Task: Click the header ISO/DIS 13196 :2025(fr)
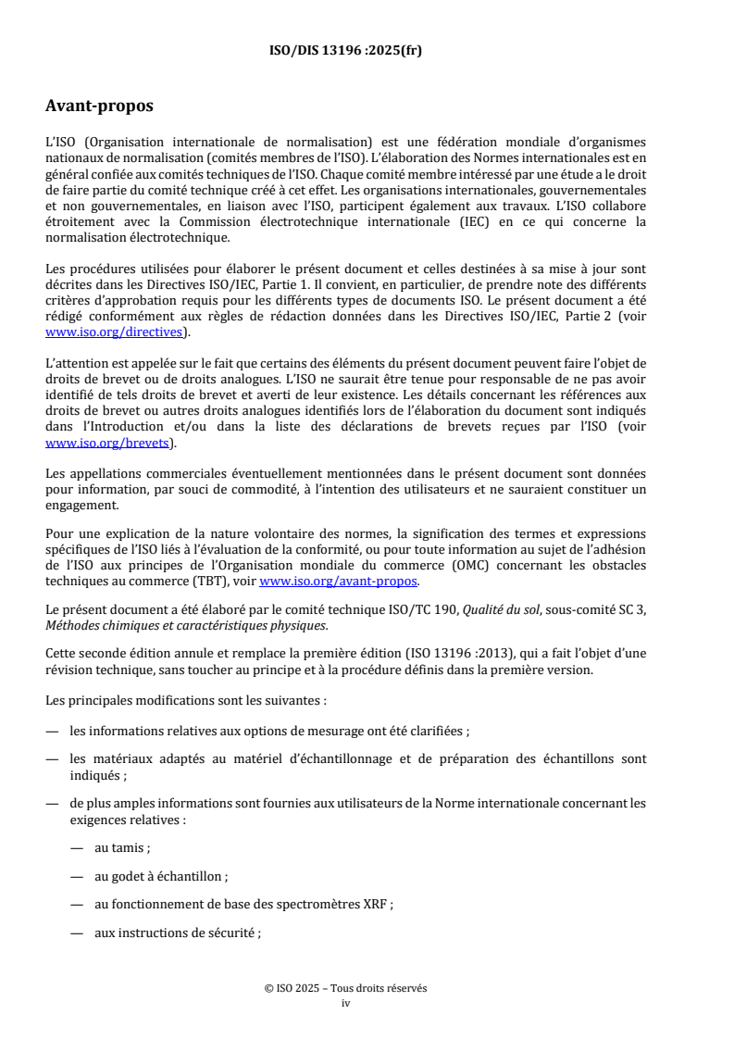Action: pos(345,51)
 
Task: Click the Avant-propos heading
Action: pos(99,106)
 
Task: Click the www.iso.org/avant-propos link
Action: pos(339,582)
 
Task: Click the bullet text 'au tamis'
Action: pos(122,846)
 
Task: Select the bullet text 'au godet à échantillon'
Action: pos(161,875)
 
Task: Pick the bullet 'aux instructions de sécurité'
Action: pos(177,933)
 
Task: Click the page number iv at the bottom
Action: pos(346,1002)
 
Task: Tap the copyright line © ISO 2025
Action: pos(345,988)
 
